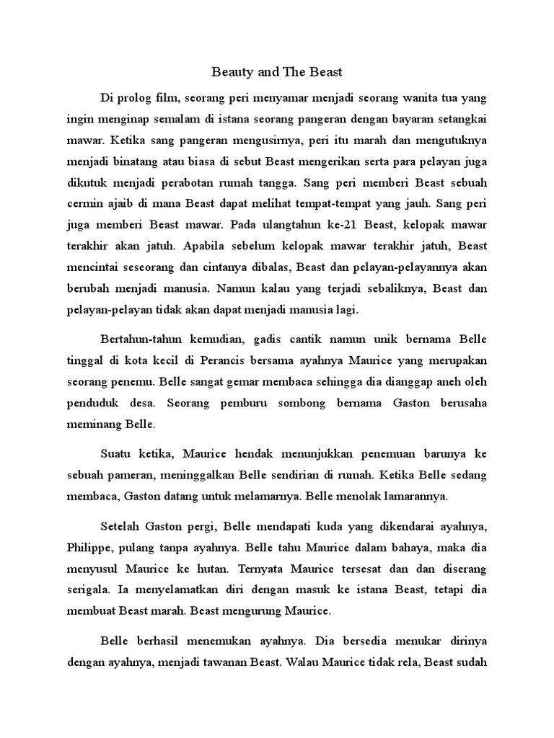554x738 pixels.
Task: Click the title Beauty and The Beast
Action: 277,73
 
